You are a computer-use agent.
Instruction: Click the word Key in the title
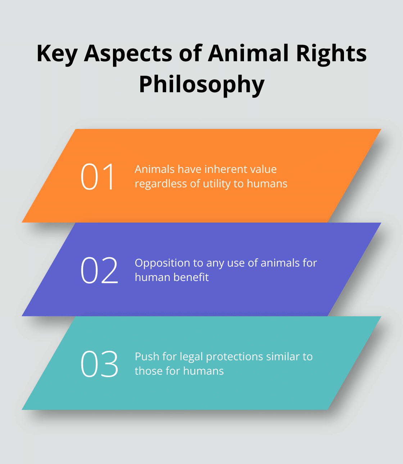(x=57, y=54)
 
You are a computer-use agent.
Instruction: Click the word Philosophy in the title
(x=201, y=85)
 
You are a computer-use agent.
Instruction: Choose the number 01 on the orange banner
(x=98, y=176)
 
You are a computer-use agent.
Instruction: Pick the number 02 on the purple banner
(x=99, y=270)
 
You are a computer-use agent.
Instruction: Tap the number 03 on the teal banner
(x=99, y=364)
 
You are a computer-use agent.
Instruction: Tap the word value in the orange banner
(x=263, y=169)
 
